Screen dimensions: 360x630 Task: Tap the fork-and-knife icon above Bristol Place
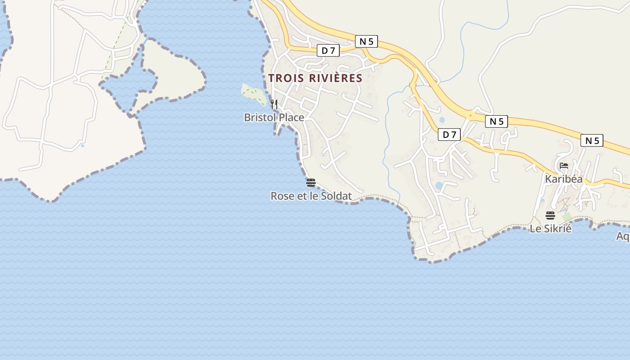point(274,104)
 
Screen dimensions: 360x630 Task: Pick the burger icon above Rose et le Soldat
point(310,182)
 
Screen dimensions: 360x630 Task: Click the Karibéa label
point(563,179)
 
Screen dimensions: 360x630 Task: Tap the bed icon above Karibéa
point(563,166)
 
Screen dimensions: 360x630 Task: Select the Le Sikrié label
point(550,229)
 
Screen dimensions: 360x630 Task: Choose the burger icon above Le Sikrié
point(550,215)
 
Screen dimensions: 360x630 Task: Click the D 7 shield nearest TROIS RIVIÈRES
point(328,50)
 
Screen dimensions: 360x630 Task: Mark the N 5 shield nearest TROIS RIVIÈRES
point(366,41)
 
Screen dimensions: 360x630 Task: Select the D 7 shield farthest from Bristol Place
point(449,134)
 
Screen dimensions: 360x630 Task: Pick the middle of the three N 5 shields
point(496,121)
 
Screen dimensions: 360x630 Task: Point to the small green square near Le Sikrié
point(567,217)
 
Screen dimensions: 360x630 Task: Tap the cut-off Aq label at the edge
point(623,236)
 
